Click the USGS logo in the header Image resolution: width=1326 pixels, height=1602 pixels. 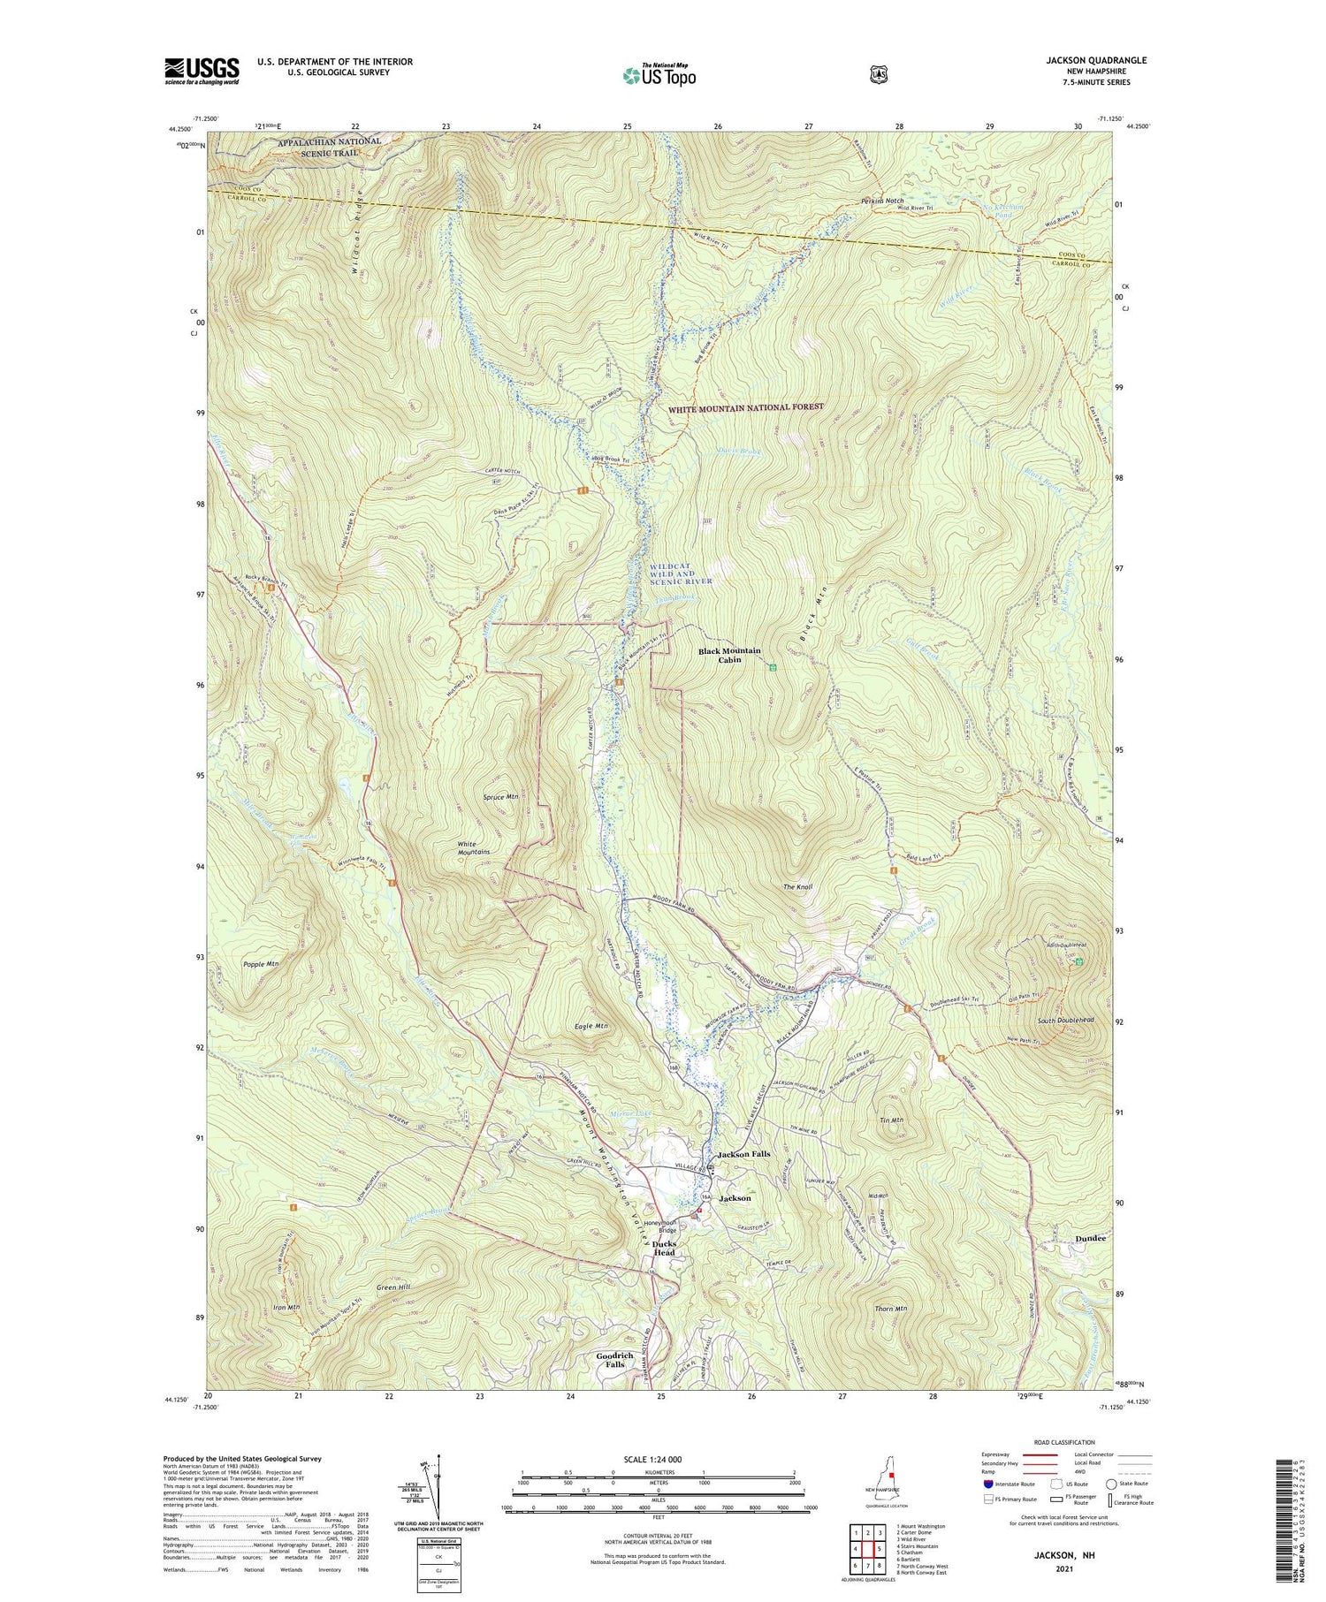pos(202,71)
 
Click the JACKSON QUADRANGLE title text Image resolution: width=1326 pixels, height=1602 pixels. pos(1096,60)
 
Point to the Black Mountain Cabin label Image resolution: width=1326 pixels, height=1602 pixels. pos(728,655)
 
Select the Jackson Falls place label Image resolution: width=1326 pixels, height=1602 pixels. pos(743,1154)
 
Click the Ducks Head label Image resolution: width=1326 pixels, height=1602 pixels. pos(664,1248)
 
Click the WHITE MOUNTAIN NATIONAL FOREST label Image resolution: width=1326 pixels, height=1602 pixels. pos(745,407)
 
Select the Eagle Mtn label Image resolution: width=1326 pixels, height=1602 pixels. pos(591,1027)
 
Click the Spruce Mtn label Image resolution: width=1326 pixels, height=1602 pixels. pos(500,796)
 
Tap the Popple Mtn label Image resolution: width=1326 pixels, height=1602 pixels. pos(260,963)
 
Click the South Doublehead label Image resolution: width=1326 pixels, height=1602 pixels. pos(1065,1021)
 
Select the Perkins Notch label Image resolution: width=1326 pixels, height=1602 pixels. pos(882,201)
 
